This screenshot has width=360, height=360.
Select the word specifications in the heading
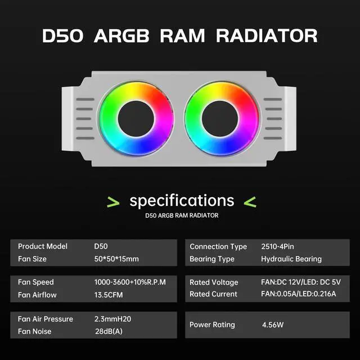tap(182, 200)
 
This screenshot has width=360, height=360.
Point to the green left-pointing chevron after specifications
tap(250, 201)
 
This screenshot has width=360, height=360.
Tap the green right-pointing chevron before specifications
tap(113, 201)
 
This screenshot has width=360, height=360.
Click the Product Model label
tap(42, 246)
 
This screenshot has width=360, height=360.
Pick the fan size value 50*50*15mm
tap(116, 259)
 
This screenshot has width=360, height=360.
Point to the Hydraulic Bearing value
tap(291, 259)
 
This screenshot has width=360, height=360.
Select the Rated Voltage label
tap(214, 282)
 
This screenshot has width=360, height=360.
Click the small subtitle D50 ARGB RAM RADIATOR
tap(182, 215)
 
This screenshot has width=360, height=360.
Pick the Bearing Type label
tap(212, 259)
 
